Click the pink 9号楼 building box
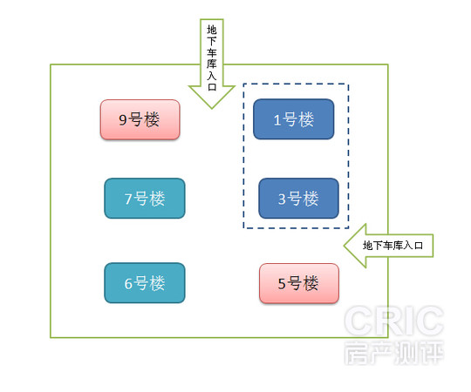pyautogui.click(x=140, y=119)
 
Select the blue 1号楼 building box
pyautogui.click(x=293, y=119)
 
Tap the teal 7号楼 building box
pyautogui.click(x=145, y=199)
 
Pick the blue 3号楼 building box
pyautogui.click(x=298, y=199)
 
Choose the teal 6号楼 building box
pyautogui.click(x=145, y=283)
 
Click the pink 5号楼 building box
pyautogui.click(x=299, y=283)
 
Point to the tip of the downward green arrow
pyautogui.click(x=212, y=108)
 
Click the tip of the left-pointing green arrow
pyautogui.click(x=345, y=246)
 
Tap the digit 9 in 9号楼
pyautogui.click(x=123, y=120)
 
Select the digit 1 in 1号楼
pyautogui.click(x=277, y=120)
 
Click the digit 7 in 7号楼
pyautogui.click(x=128, y=199)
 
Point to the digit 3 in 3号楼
pyautogui.click(x=282, y=199)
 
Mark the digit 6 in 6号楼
pyautogui.click(x=128, y=283)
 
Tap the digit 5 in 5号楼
pyautogui.click(x=282, y=284)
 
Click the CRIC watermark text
pyautogui.click(x=394, y=321)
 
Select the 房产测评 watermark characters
pyautogui.click(x=394, y=353)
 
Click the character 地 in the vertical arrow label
pyautogui.click(x=212, y=30)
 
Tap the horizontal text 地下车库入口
pyautogui.click(x=392, y=246)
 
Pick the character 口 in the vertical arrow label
pyautogui.click(x=212, y=87)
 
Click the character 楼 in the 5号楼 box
pyautogui.click(x=310, y=283)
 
